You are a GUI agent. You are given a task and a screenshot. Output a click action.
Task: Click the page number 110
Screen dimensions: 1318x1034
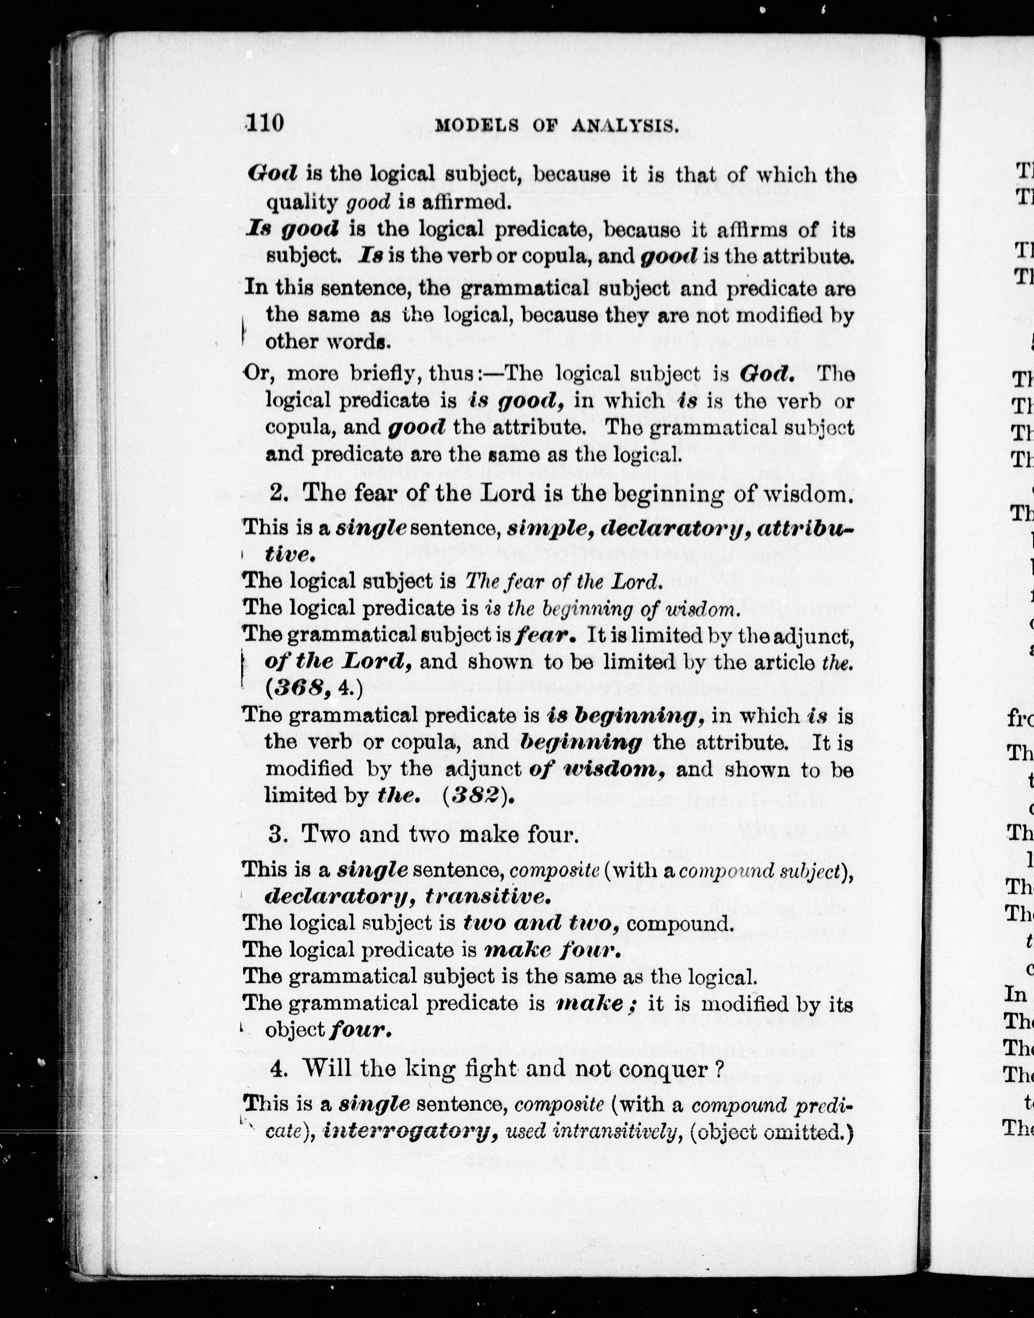pyautogui.click(x=265, y=123)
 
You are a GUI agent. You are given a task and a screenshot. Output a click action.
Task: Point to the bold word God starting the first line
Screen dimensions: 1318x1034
pyautogui.click(x=272, y=174)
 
